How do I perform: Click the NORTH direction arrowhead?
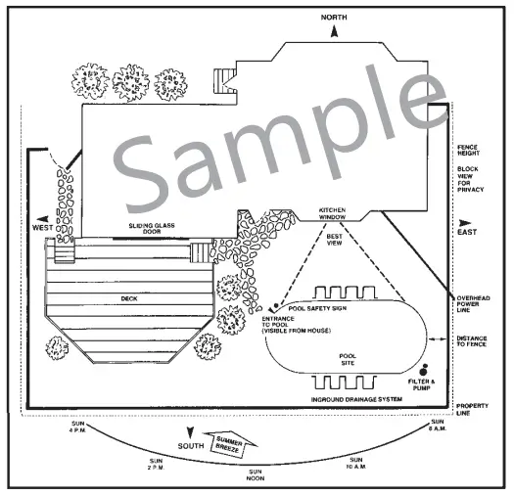tap(334, 31)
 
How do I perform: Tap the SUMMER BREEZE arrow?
tap(230, 444)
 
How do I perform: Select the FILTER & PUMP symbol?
tap(423, 370)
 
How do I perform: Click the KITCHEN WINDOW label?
tap(332, 213)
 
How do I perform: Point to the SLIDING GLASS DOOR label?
tap(152, 228)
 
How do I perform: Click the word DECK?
tap(129, 298)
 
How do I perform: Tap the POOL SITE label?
tap(348, 359)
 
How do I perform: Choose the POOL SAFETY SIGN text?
tap(317, 308)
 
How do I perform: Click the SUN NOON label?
tap(256, 475)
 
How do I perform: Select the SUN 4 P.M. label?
tap(77, 427)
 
